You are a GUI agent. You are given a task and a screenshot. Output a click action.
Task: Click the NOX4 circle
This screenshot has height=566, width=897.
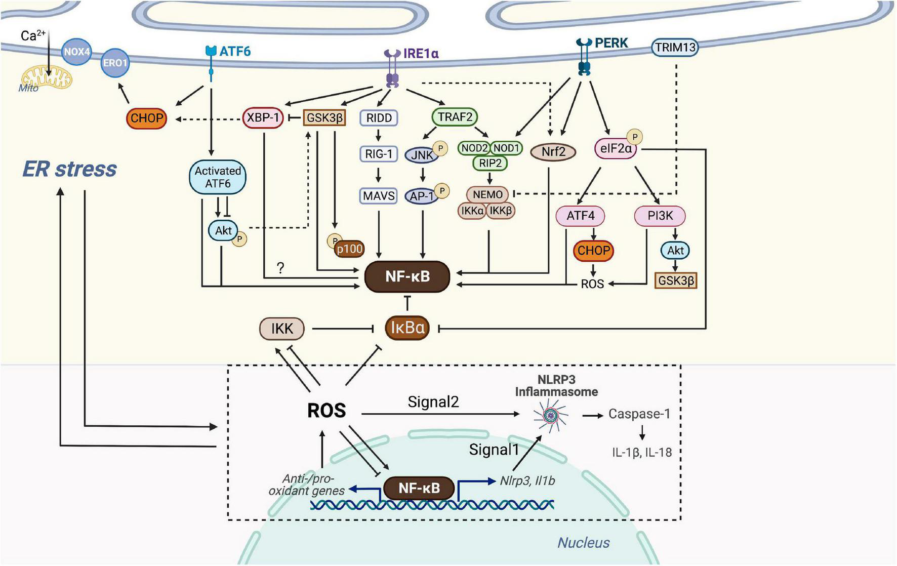(77, 52)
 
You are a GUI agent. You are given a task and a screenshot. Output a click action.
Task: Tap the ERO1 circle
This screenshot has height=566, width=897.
(115, 63)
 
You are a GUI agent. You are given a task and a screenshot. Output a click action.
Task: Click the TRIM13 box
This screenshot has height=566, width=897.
(675, 48)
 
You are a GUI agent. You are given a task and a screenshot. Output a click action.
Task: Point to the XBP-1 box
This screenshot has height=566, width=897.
(263, 118)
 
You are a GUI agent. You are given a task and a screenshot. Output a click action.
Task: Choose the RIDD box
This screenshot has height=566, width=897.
(379, 118)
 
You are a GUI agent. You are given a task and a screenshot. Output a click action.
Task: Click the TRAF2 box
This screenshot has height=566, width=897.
(455, 117)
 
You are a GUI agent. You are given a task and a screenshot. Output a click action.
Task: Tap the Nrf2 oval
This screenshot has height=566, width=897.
(553, 151)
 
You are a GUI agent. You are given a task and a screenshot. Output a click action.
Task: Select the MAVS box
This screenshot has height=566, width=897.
(378, 195)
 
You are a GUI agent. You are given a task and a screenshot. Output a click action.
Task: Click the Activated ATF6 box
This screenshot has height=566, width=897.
(218, 177)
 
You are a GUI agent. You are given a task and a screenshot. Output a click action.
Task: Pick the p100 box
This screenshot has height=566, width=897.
(349, 249)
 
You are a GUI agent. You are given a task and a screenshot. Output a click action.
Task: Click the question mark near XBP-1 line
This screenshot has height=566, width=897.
(280, 268)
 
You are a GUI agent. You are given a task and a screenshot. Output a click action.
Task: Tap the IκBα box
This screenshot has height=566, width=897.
(407, 328)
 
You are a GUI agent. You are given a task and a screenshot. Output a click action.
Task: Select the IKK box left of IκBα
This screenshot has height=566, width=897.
(282, 329)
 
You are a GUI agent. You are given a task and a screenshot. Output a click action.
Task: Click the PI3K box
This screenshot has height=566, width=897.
(660, 216)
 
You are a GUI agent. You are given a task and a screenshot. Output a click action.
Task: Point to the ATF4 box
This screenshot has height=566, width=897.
(580, 216)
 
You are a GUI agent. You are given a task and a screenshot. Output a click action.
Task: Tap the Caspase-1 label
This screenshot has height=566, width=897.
(639, 414)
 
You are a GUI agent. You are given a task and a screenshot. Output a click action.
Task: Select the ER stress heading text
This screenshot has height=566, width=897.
(70, 169)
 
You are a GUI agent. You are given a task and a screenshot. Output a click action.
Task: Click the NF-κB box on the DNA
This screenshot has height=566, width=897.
(419, 488)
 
